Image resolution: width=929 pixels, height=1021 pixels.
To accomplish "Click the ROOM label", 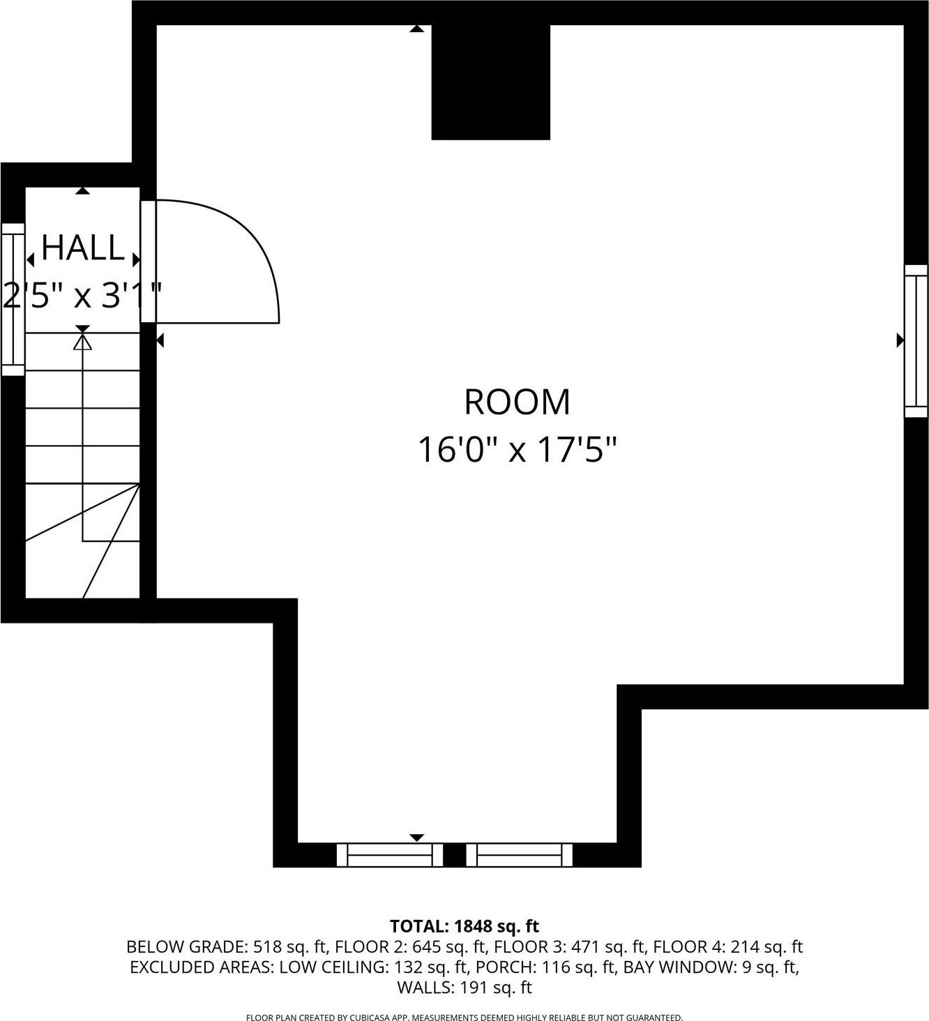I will (x=517, y=402).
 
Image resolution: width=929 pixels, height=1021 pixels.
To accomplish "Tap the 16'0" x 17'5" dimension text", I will (x=517, y=450).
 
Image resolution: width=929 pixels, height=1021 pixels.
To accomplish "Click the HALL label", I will (x=83, y=248).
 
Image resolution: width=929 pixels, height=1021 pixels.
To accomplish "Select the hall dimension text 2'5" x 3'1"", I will (x=83, y=296).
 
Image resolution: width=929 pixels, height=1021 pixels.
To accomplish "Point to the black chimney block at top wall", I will (x=490, y=82).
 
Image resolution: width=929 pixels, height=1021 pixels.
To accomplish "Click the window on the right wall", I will (x=916, y=340).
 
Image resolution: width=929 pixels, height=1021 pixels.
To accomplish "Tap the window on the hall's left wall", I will (x=13, y=299).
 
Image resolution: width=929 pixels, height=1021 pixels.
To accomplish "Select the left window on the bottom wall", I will (x=389, y=854).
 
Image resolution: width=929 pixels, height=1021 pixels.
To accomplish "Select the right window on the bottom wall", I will (x=519, y=854).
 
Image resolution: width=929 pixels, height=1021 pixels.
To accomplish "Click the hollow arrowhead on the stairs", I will (x=83, y=342).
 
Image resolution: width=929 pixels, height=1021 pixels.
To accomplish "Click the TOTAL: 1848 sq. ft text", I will (x=464, y=926).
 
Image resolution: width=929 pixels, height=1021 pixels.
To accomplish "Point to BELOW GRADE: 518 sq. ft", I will (x=227, y=947).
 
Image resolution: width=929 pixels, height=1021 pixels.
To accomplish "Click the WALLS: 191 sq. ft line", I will (x=464, y=988).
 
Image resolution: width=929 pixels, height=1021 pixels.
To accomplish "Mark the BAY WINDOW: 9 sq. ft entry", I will (x=710, y=967).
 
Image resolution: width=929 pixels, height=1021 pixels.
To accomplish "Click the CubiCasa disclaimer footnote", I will (x=464, y=1018).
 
